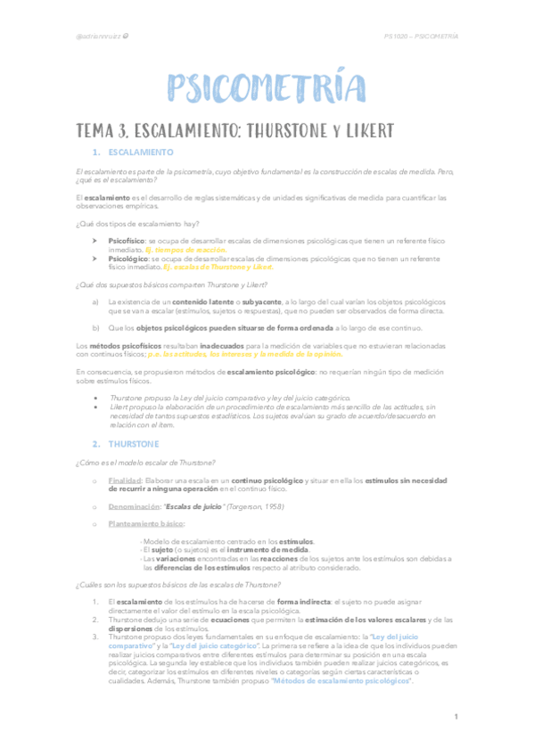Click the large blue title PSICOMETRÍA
point(267,88)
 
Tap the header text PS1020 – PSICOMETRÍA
point(421,37)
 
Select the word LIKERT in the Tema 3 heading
point(360,131)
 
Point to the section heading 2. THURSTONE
point(128,443)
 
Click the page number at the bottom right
point(455,717)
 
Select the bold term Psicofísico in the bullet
point(127,241)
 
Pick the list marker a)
point(95,302)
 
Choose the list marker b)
point(95,328)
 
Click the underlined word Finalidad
point(126,480)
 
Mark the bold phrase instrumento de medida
point(270,550)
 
